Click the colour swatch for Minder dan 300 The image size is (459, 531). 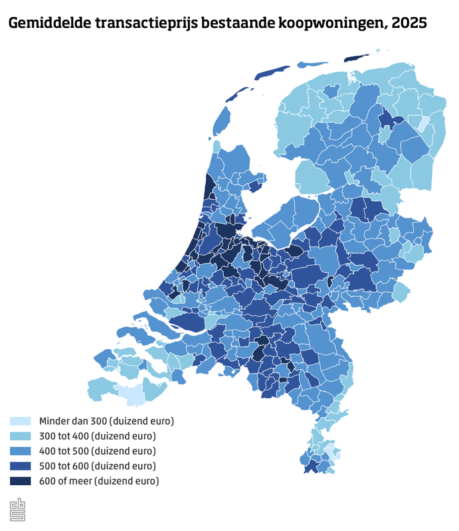point(20,421)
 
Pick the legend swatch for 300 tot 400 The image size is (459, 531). point(20,436)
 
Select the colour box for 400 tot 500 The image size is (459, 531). point(20,451)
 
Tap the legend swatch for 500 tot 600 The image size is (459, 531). point(20,465)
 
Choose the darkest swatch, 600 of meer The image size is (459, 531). point(20,481)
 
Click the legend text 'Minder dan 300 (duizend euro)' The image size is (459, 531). point(106,421)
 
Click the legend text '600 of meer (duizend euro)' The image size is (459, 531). point(99,481)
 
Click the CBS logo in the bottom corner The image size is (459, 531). point(17,510)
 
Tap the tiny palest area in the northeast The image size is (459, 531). point(422,124)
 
